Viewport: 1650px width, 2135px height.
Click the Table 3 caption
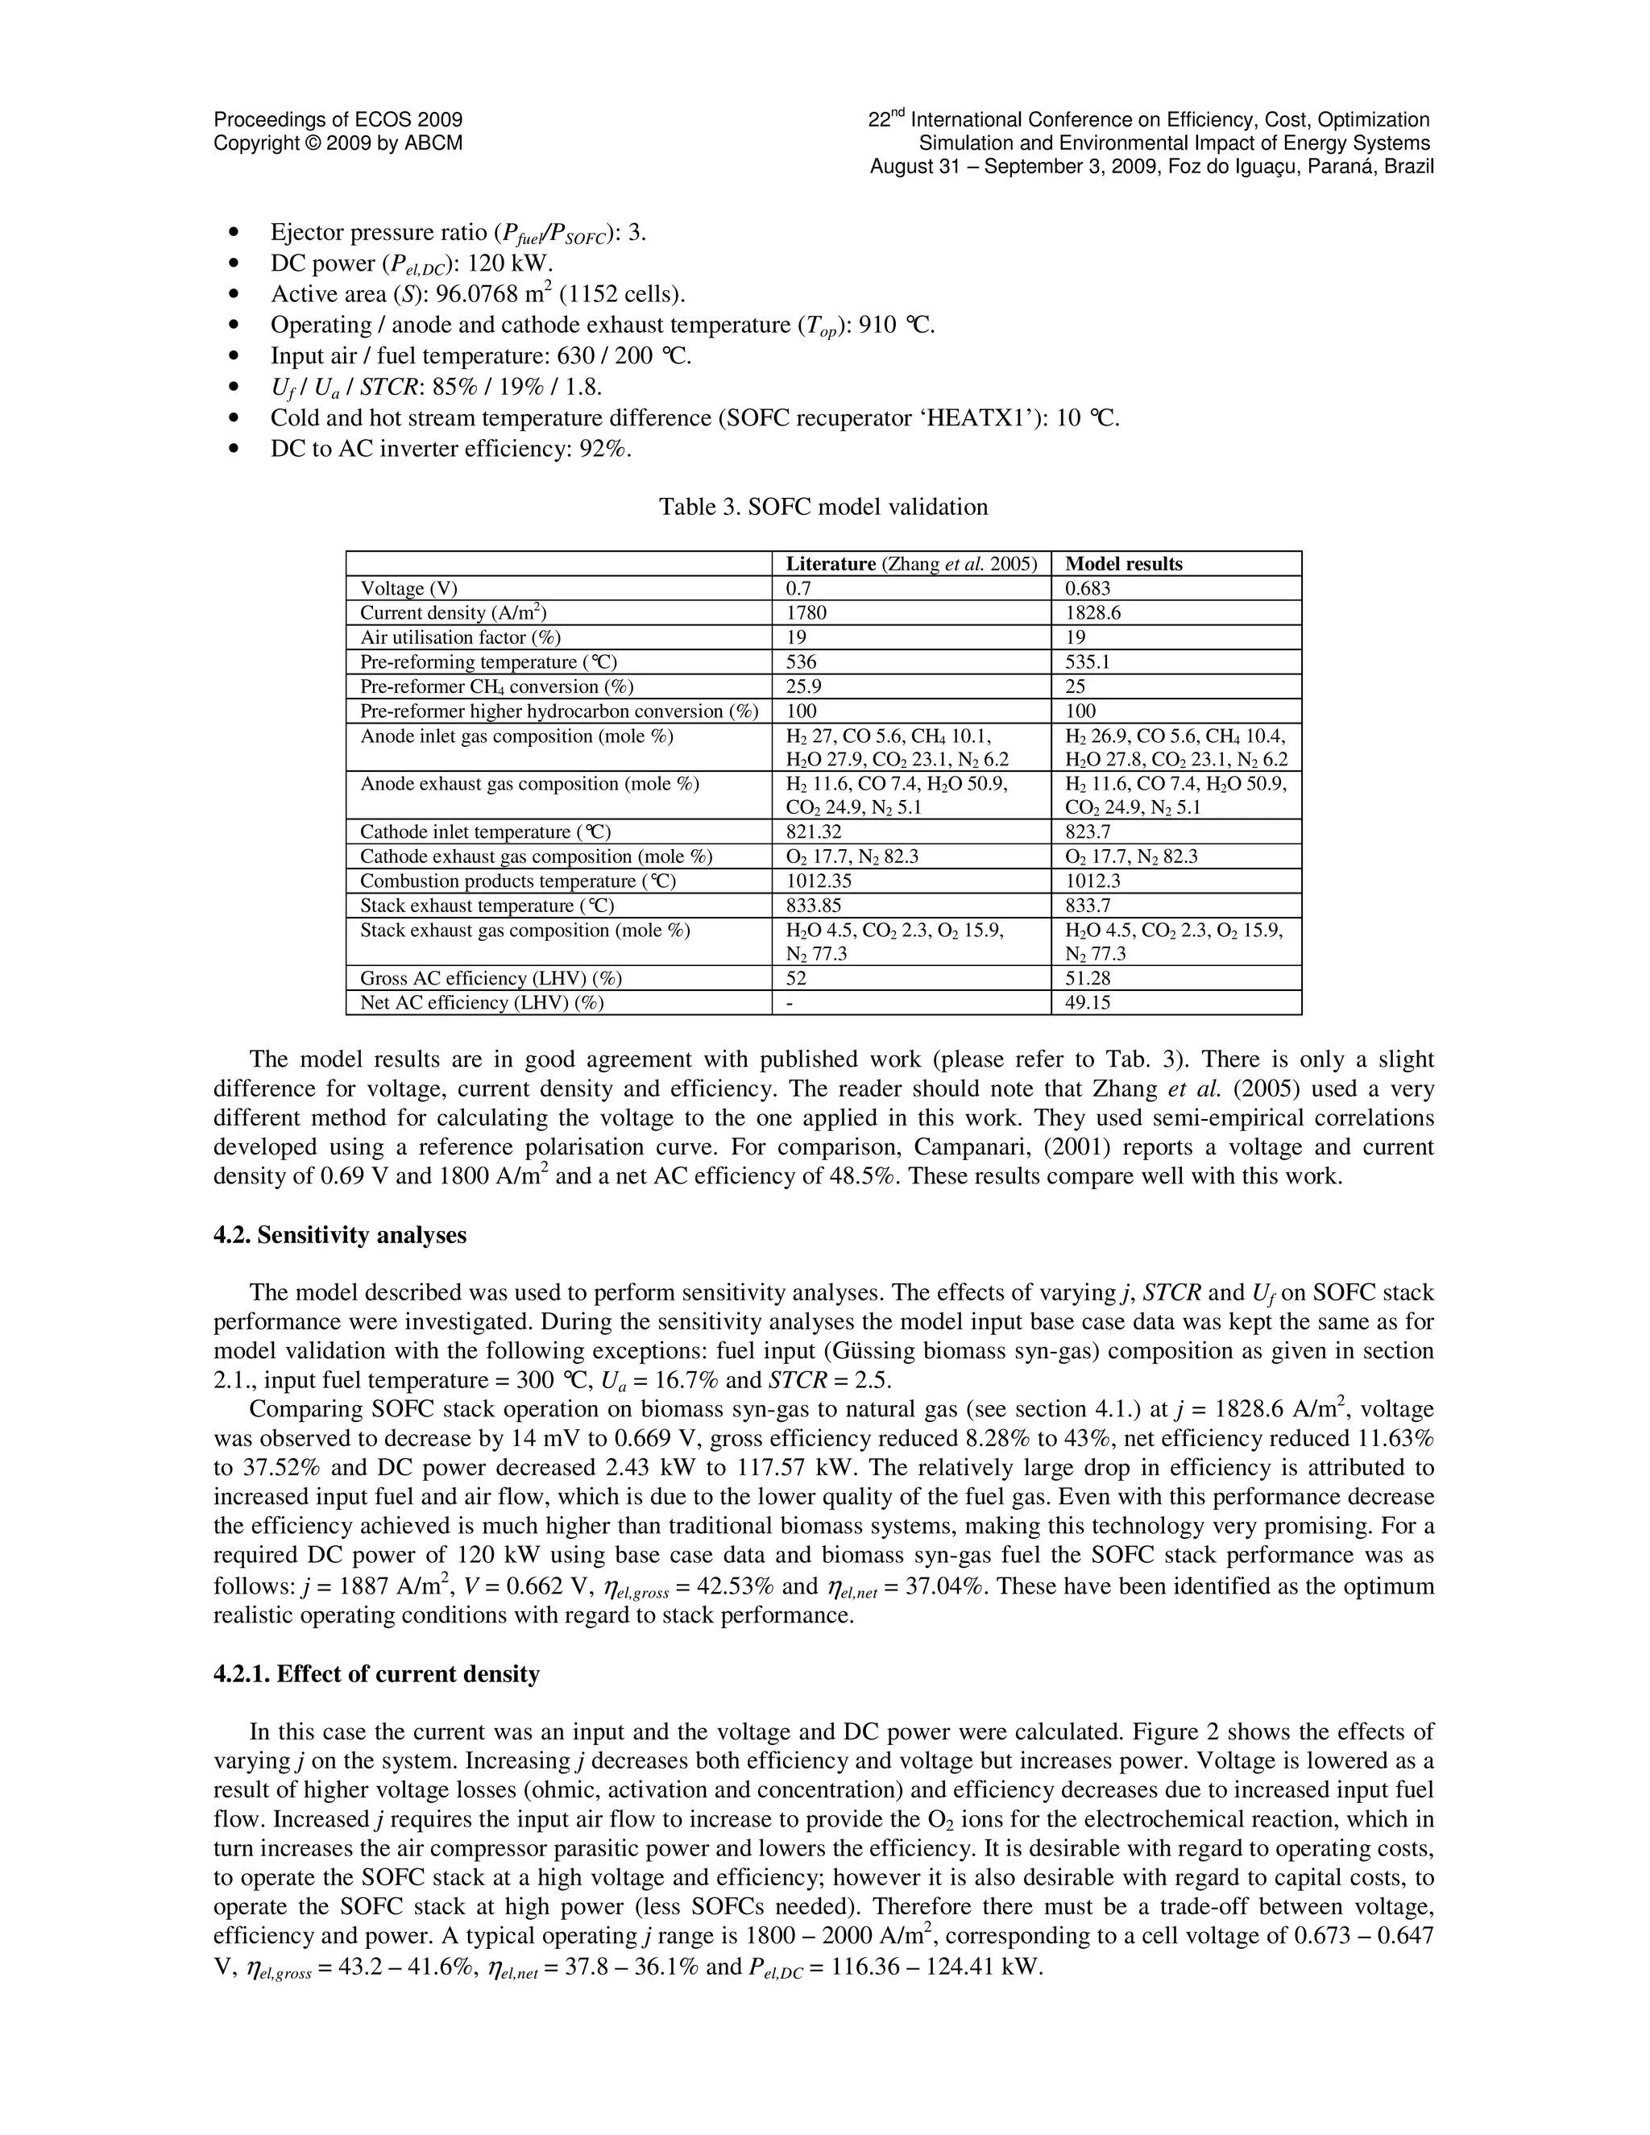(823, 507)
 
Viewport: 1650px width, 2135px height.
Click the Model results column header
(1123, 564)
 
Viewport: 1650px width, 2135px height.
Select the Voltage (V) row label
(408, 588)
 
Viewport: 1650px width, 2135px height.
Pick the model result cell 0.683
(1087, 588)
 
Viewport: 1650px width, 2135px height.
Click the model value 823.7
(1087, 832)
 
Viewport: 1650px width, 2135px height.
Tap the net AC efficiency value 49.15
(1087, 1003)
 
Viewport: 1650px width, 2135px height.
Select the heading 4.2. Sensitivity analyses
(339, 1234)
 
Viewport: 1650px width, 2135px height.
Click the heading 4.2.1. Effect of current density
(376, 1675)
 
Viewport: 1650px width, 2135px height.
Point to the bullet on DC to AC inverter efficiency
(450, 449)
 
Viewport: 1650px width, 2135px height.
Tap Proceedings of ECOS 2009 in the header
(338, 120)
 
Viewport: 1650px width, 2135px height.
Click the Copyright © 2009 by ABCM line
(338, 143)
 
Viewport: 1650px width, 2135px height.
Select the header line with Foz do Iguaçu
(1151, 166)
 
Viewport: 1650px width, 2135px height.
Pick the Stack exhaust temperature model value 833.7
(1087, 906)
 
